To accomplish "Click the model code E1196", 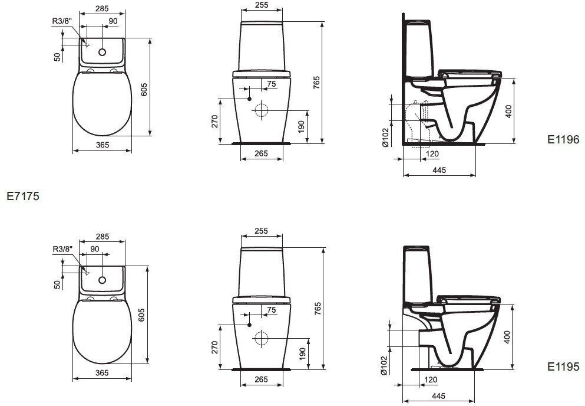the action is click(x=564, y=140).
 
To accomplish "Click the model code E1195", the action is click(x=564, y=366).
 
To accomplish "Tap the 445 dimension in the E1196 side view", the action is click(x=439, y=170).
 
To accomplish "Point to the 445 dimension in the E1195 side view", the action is click(x=439, y=396).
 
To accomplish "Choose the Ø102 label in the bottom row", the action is click(x=384, y=365).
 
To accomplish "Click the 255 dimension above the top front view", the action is click(x=262, y=5).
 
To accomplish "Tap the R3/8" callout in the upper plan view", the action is click(x=61, y=21).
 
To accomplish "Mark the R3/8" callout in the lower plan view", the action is click(x=61, y=249).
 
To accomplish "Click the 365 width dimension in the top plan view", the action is click(x=103, y=145).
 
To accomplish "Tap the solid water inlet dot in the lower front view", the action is click(x=249, y=325).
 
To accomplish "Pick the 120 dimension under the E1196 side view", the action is click(x=433, y=154).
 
